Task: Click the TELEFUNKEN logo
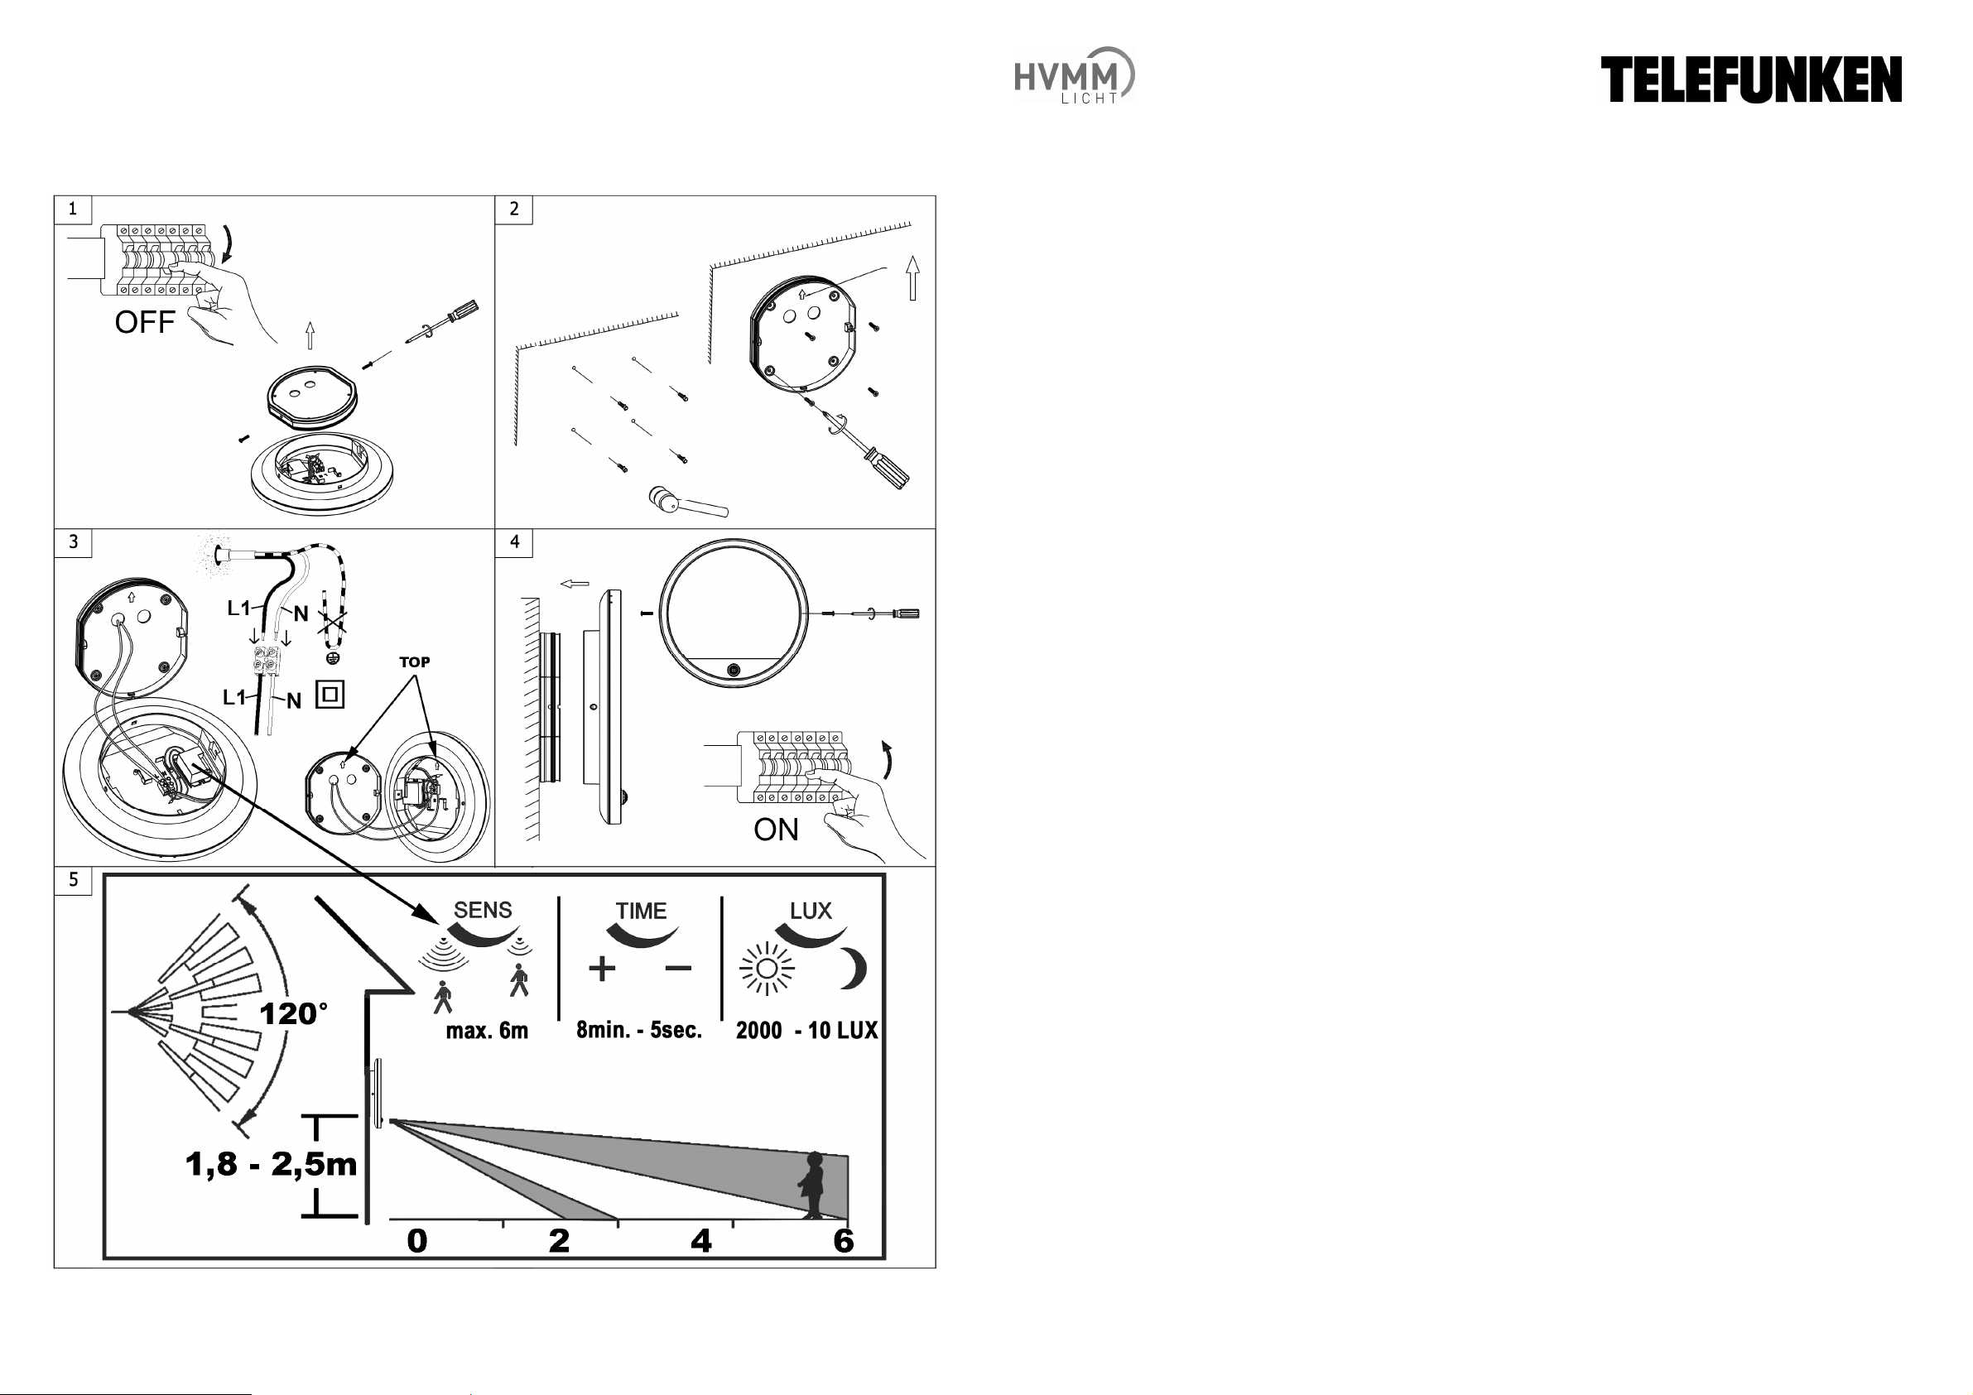pos(1750,80)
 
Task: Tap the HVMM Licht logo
pos(1074,75)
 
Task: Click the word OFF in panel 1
pos(144,322)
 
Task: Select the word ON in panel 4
pos(776,830)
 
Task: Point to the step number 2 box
pos(514,209)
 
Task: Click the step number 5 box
pos(73,880)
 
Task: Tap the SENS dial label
pos(483,910)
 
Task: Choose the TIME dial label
pos(641,911)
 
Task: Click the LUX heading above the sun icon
pos(811,911)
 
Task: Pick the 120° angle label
pos(294,1014)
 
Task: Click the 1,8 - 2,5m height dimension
pos(272,1165)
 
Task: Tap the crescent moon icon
pos(853,969)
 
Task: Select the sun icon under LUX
pos(768,969)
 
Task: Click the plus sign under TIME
pos(603,969)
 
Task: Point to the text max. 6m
pos(487,1031)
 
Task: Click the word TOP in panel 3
pos(414,661)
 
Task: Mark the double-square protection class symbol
pos(330,695)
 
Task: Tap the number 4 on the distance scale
pos(701,1241)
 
